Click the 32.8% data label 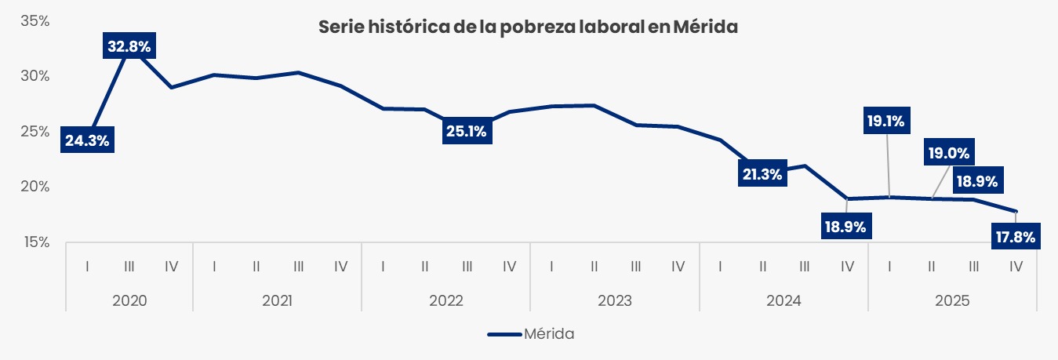pyautogui.click(x=129, y=47)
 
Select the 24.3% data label pyautogui.click(x=86, y=141)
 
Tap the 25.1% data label pyautogui.click(x=466, y=131)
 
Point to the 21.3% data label pyautogui.click(x=761, y=174)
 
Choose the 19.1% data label pyautogui.click(x=886, y=122)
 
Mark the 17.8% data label pyautogui.click(x=1016, y=235)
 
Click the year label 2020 pyautogui.click(x=129, y=300)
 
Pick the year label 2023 pyautogui.click(x=615, y=300)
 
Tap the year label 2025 pyautogui.click(x=952, y=300)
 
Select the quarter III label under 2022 pyautogui.click(x=467, y=267)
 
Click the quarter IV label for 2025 pyautogui.click(x=1016, y=267)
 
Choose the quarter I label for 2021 pyautogui.click(x=214, y=267)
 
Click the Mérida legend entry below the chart pyautogui.click(x=531, y=333)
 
